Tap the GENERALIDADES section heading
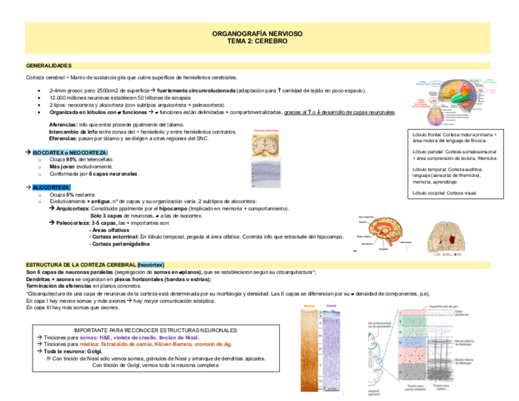49,65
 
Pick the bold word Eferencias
63,138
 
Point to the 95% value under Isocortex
71,159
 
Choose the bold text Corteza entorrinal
114,236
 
